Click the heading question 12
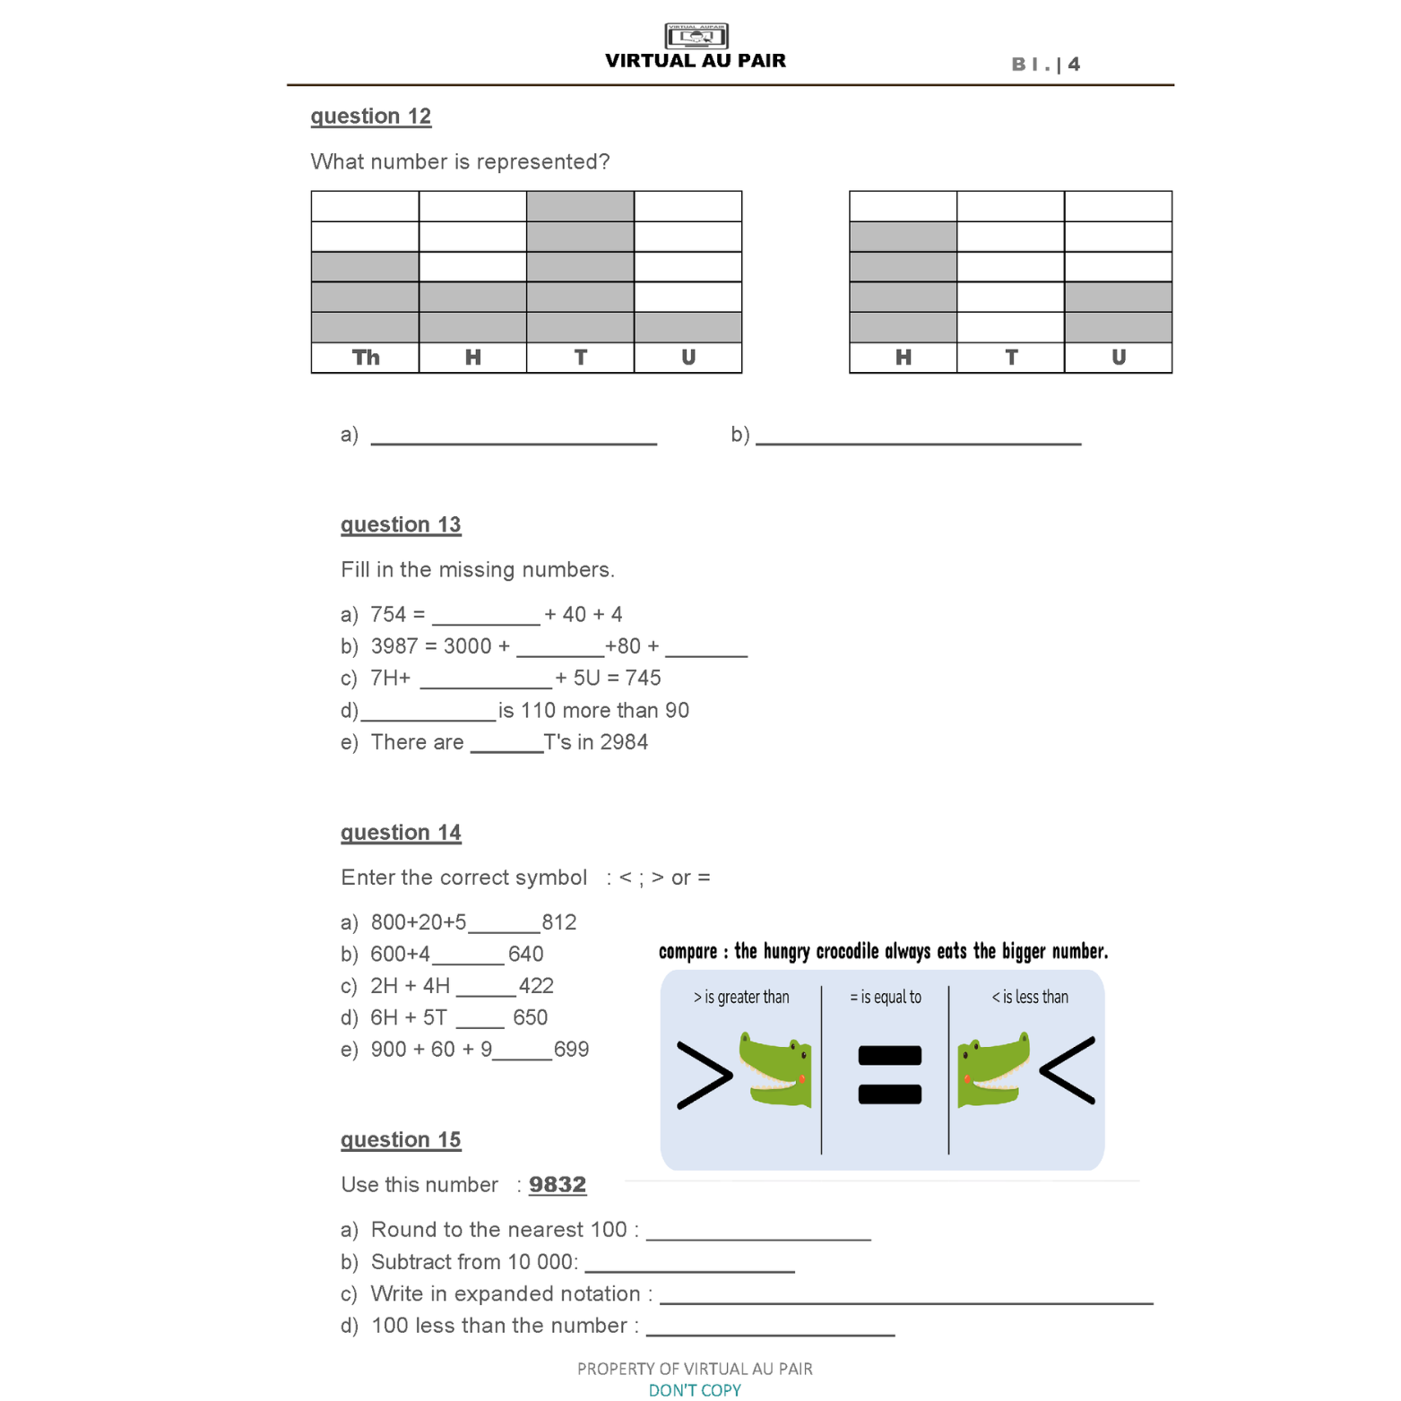click(x=370, y=117)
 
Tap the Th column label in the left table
click(x=365, y=358)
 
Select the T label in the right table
click(x=1010, y=358)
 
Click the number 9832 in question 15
click(x=557, y=1185)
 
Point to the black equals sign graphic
click(x=889, y=1075)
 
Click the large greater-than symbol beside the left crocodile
click(x=704, y=1075)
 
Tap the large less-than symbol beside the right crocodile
click(x=1068, y=1070)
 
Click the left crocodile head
click(x=775, y=1069)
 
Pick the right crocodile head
click(x=993, y=1070)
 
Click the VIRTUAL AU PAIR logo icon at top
click(x=696, y=36)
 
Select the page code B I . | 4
click(x=1045, y=65)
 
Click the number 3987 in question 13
click(x=393, y=646)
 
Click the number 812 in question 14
click(x=559, y=922)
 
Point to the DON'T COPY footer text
click(x=695, y=1390)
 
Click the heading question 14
click(x=401, y=833)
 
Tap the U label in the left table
click(x=688, y=358)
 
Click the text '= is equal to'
click(x=885, y=997)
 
